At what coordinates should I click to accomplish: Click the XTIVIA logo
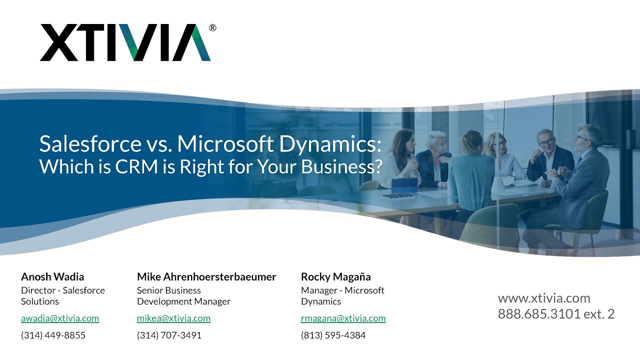point(125,43)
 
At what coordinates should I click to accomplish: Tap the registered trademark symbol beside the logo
point(212,28)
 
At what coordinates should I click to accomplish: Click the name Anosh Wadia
point(52,276)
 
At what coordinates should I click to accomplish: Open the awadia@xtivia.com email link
point(60,318)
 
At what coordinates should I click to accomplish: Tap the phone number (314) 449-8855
point(53,335)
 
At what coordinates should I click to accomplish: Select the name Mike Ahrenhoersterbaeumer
point(206,276)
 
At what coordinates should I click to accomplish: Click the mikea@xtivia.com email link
point(173,318)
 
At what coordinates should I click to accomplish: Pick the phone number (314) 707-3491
point(169,335)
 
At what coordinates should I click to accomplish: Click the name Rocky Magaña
point(336,276)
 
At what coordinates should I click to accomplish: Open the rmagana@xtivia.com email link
point(343,318)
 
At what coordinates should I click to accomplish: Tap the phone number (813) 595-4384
point(333,335)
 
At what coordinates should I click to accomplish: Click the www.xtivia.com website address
point(544,298)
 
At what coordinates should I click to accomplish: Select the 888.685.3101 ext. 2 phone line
point(556,314)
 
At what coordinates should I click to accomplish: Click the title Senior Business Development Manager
point(183,296)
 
